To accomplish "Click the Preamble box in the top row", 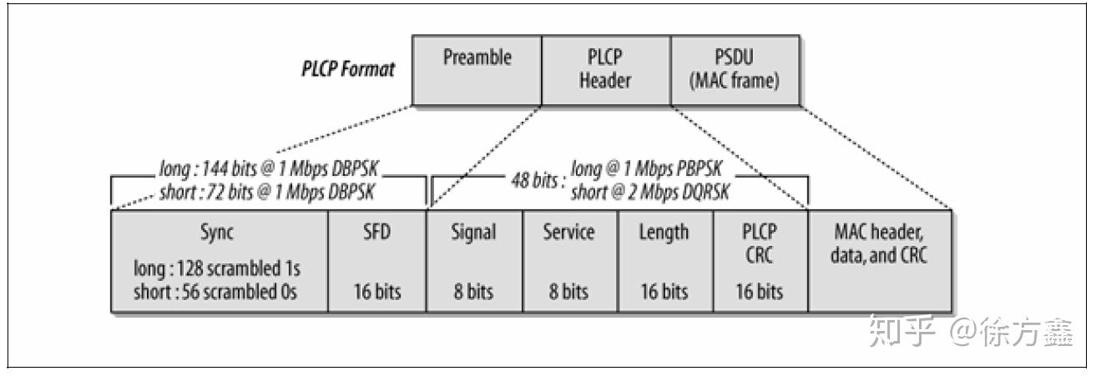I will point(477,70).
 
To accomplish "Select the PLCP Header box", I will point(606,70).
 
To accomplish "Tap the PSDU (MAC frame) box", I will point(734,70).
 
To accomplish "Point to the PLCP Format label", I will point(348,69).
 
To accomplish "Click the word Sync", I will point(220,233).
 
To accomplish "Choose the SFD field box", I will point(376,260).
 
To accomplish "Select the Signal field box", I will point(474,260).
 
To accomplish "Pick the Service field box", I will point(569,260).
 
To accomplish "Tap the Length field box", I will point(665,260).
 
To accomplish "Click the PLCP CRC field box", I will point(760,260).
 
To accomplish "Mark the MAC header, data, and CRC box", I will point(879,260).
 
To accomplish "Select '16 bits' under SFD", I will point(377,293).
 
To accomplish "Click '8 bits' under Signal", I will point(474,293).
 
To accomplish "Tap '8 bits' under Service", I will point(569,293).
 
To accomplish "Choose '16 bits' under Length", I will point(665,293).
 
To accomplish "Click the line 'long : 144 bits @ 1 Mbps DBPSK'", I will point(268,170).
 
